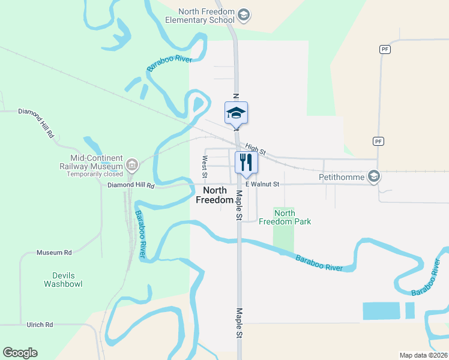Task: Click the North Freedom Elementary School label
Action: pos(206,16)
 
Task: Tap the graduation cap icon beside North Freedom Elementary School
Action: pos(243,15)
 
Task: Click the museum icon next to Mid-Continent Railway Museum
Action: pos(132,164)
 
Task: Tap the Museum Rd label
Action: pos(54,253)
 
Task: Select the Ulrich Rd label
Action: pos(40,325)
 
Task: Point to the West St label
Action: pos(205,167)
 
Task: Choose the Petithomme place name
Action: pos(343,177)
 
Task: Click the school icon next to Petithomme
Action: pos(374,176)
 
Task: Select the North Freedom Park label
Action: pos(285,217)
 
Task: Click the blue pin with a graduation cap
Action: pos(236,113)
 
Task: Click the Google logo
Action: pos(20,353)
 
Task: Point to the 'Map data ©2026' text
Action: pos(423,355)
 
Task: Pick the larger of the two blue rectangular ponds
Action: pos(381,311)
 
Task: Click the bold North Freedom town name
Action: pos(215,196)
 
